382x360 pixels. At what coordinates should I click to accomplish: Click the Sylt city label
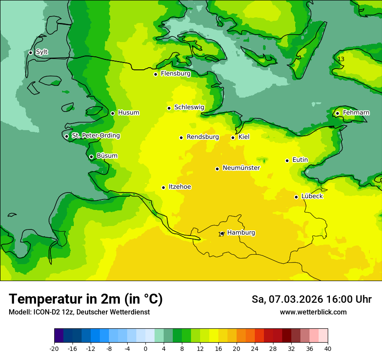[x=42, y=52]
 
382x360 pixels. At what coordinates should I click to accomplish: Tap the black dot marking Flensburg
[x=155, y=74]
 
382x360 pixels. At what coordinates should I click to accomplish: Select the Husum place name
[x=128, y=113]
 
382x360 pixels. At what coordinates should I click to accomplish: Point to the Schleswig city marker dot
[x=169, y=108]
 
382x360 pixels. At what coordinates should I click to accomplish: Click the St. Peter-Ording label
[x=95, y=136]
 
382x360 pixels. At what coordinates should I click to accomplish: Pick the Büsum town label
[x=107, y=156]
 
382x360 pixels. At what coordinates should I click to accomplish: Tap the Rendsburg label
[x=202, y=137]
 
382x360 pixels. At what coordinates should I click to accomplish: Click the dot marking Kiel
[x=233, y=137]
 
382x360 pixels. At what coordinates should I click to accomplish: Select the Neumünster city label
[x=241, y=168]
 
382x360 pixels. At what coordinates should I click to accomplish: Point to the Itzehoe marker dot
[x=163, y=187]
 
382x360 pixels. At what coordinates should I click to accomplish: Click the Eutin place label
[x=300, y=160]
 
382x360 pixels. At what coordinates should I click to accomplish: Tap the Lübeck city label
[x=312, y=196]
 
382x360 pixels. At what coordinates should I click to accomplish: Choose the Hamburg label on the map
[x=241, y=233]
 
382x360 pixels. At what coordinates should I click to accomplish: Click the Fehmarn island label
[x=356, y=113]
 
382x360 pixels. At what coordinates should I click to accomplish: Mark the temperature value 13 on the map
[x=341, y=59]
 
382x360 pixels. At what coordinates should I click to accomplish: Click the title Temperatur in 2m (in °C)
[x=86, y=299]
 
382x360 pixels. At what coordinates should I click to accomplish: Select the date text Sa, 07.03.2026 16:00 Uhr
[x=311, y=299]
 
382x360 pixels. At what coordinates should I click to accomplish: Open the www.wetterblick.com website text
[x=313, y=312]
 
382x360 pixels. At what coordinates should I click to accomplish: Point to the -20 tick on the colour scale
[x=54, y=348]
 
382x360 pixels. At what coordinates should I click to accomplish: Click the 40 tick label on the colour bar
[x=328, y=348]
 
